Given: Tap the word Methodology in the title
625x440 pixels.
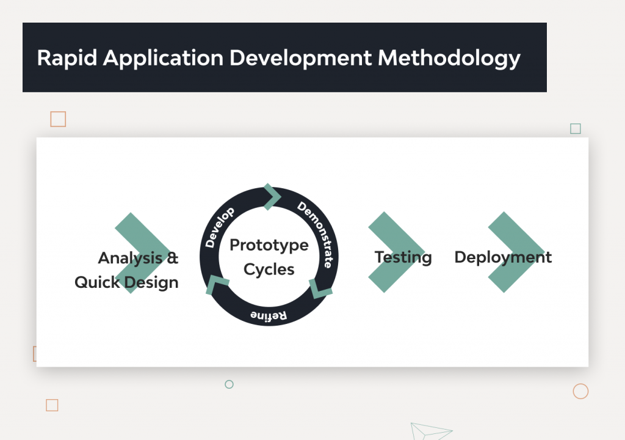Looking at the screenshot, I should point(449,58).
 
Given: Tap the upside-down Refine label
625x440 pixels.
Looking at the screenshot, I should point(269,315).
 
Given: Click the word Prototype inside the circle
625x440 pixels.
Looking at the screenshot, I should point(269,245).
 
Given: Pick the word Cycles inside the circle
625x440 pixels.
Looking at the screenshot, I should point(269,269).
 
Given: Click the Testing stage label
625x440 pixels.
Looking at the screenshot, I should point(403,257).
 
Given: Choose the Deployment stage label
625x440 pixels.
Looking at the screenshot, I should point(503,257).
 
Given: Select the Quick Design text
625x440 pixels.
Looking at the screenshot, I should point(126,282).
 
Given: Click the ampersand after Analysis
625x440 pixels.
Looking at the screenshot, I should point(173,258).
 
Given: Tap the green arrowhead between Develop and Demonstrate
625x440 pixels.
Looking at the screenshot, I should point(272,196).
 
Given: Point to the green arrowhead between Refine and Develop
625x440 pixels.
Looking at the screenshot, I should point(217,284).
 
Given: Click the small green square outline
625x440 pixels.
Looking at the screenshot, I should point(575,128).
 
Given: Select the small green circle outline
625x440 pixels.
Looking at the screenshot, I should point(229,384).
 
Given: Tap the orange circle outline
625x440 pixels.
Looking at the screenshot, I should point(580,391).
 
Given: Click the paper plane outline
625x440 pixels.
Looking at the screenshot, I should point(429,431).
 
